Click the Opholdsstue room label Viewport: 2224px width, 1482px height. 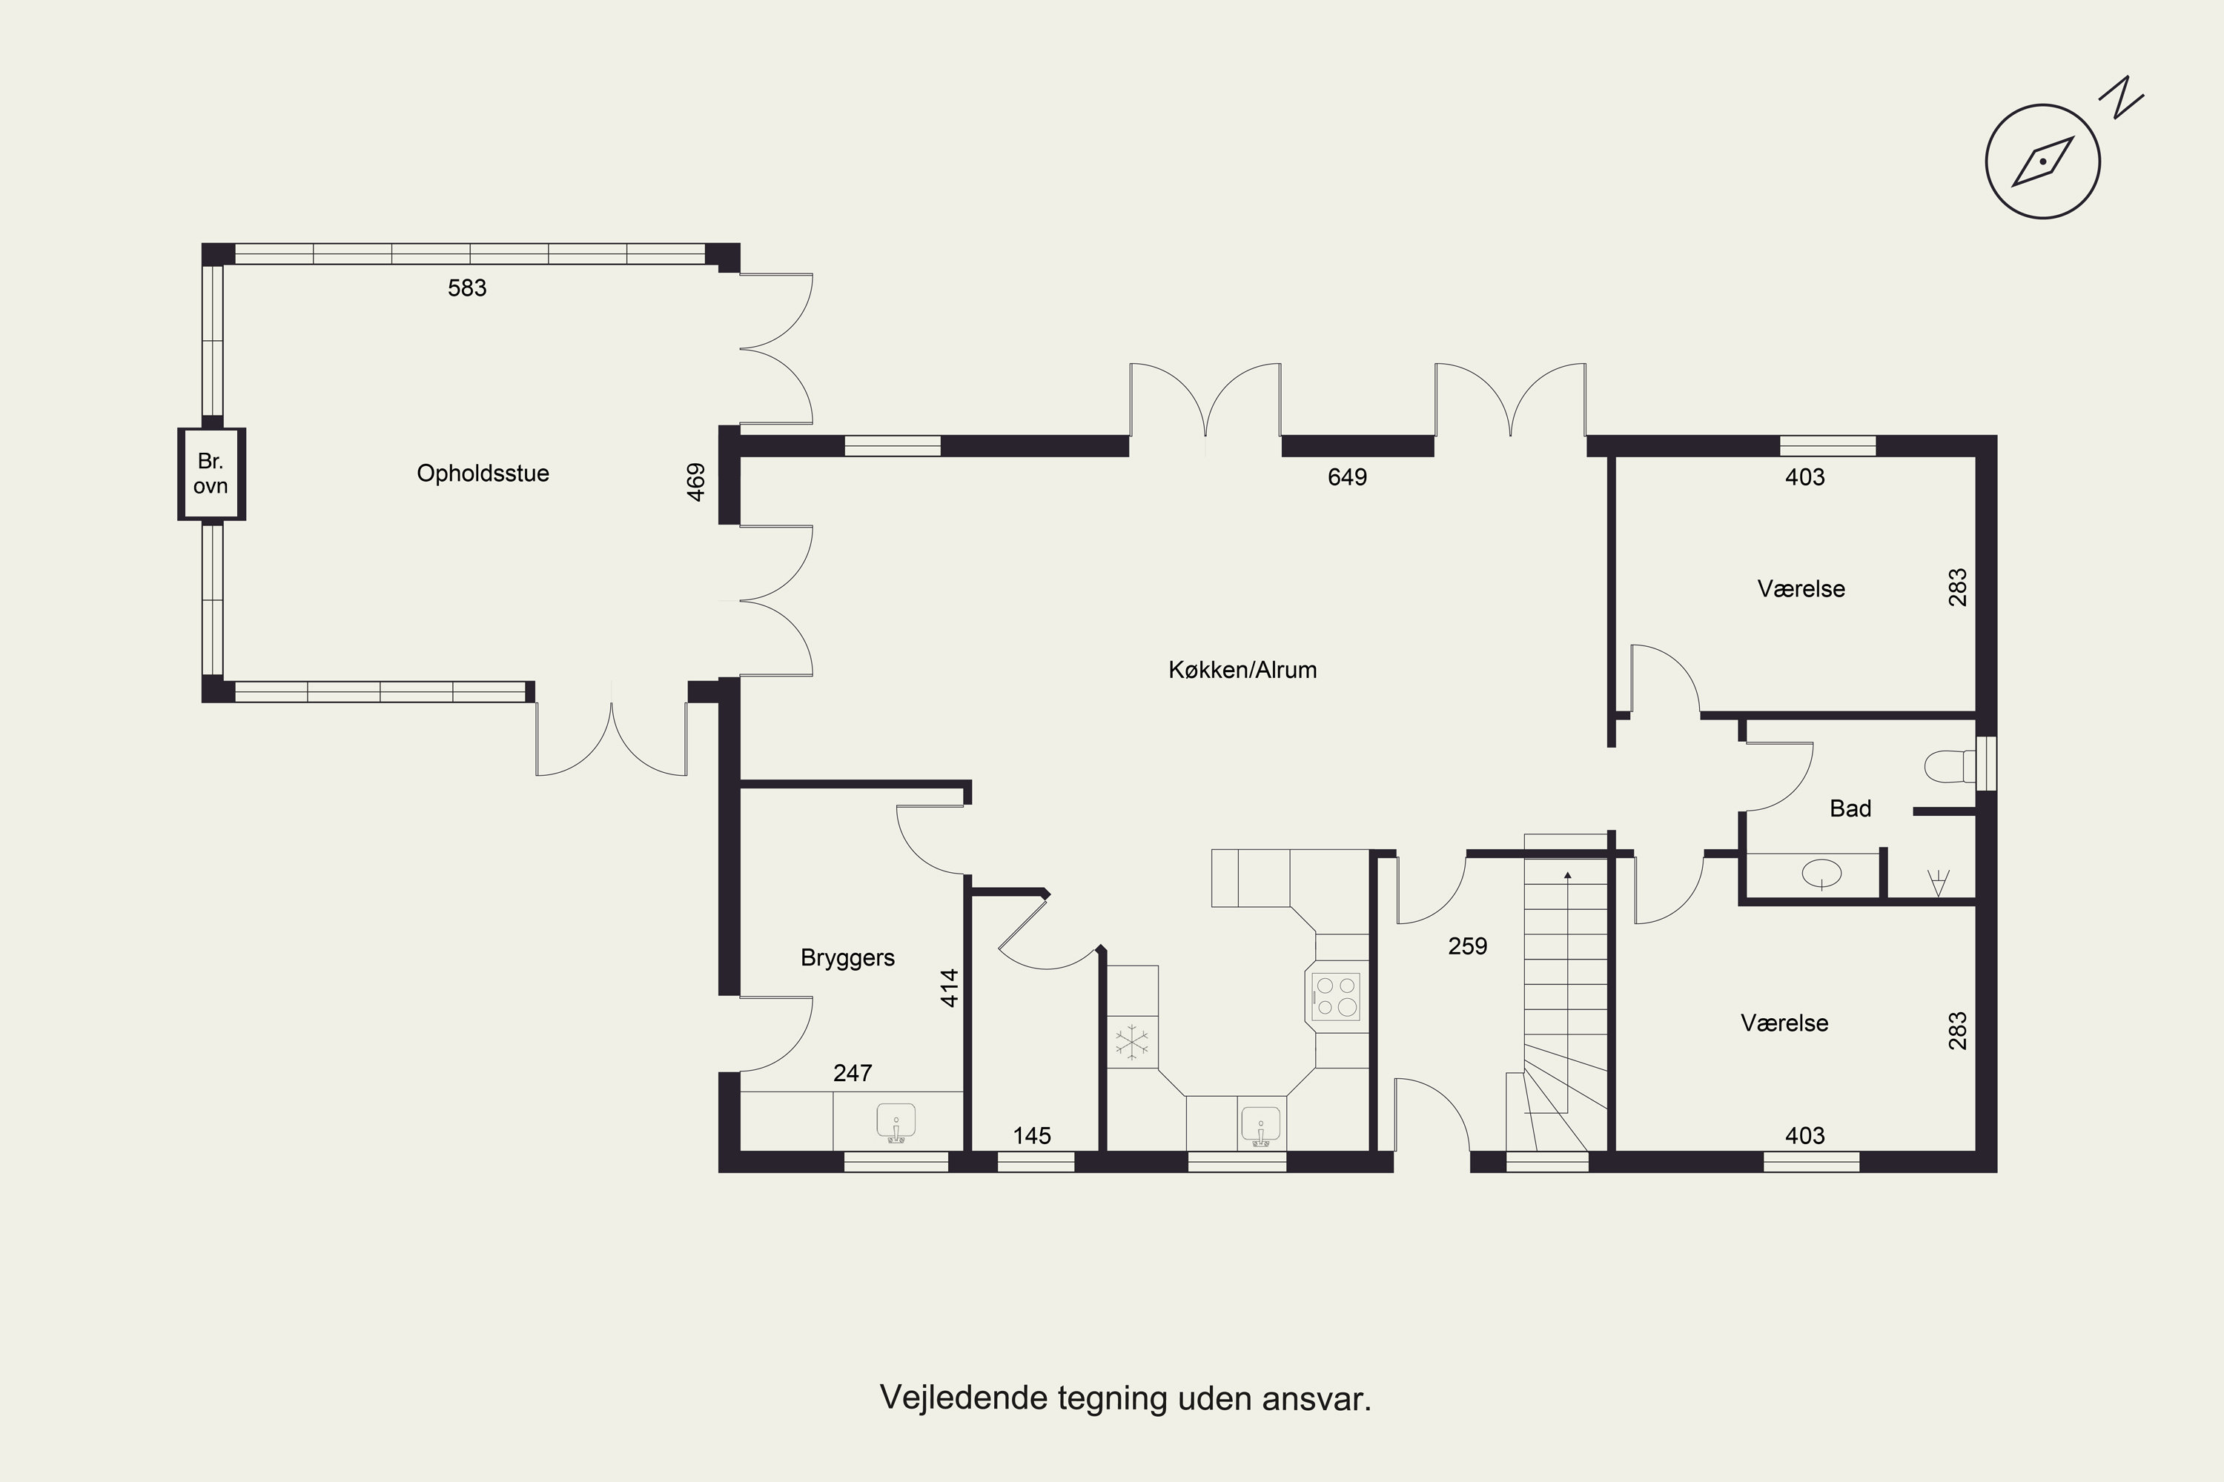tap(483, 473)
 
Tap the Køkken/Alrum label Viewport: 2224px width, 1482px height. tap(1242, 670)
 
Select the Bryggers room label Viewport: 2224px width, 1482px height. tap(847, 958)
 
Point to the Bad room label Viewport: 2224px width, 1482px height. tap(1850, 809)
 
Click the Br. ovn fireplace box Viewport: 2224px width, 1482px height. tap(212, 474)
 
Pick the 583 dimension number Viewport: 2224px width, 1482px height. tap(467, 288)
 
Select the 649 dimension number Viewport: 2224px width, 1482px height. tap(1348, 477)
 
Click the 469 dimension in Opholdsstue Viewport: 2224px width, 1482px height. tap(696, 482)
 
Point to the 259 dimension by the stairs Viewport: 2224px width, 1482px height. tap(1468, 946)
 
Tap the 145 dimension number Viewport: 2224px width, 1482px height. tap(1032, 1136)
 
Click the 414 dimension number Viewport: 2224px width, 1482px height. tap(950, 988)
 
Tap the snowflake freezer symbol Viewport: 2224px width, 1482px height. tap(1132, 1043)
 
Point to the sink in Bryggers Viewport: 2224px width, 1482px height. tap(896, 1123)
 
